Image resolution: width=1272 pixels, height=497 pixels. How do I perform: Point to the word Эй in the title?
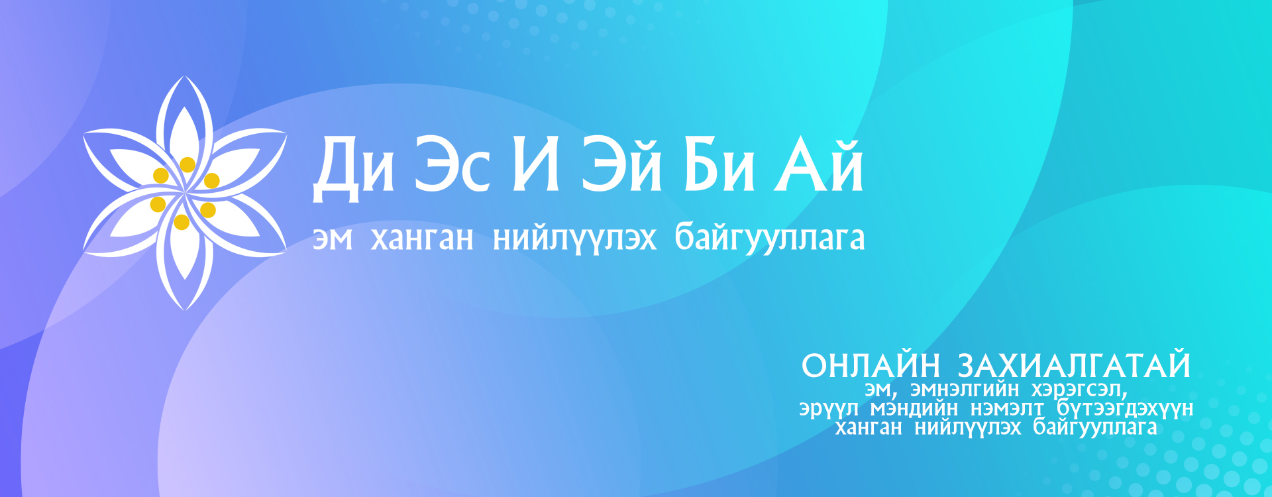[x=622, y=164]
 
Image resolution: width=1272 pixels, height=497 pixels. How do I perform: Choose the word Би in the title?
[x=719, y=164]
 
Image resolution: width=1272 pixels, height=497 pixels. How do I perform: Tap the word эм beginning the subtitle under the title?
[x=333, y=239]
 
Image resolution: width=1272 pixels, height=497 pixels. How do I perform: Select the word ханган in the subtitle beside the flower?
[x=422, y=239]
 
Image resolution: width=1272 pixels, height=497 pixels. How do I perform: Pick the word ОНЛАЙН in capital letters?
[x=871, y=366]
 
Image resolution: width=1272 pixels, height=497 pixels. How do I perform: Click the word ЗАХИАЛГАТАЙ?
[x=1075, y=365]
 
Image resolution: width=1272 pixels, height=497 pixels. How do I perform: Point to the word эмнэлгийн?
[x=965, y=388]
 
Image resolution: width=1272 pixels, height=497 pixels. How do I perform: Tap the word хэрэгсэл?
[x=1079, y=389]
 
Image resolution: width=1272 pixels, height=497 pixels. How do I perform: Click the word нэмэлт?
[x=1007, y=408]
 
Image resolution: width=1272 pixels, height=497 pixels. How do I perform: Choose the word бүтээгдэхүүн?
[x=1125, y=408]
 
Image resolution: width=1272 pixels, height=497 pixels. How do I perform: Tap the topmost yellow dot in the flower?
[x=187, y=164]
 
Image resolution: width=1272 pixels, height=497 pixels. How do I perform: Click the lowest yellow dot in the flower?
[x=182, y=222]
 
